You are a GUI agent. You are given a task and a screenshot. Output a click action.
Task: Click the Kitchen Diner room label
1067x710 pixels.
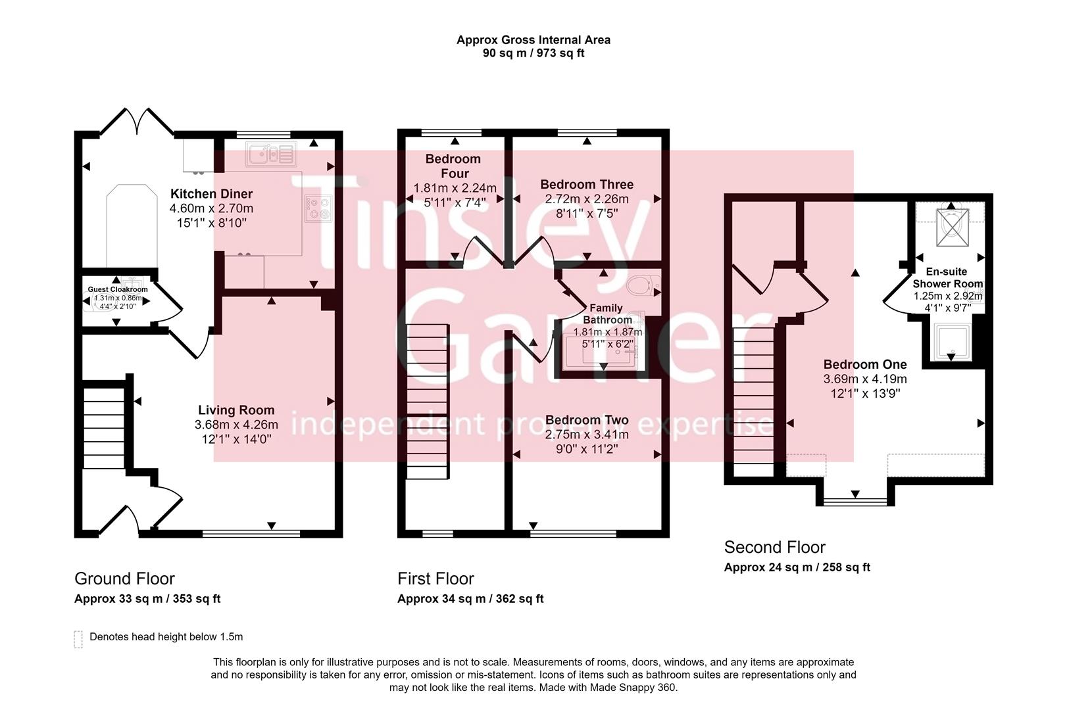pos(211,194)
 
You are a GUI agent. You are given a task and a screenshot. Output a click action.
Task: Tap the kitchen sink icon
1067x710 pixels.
pos(272,154)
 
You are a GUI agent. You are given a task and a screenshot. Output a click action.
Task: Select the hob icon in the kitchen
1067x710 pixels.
pos(318,208)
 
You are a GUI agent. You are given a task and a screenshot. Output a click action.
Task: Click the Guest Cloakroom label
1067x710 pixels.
pos(118,289)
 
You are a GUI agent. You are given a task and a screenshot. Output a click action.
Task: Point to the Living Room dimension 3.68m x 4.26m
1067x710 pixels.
pos(236,425)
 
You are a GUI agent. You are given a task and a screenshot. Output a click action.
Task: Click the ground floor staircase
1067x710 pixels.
pos(104,427)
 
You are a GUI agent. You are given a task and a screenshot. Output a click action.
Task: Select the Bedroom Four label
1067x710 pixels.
pos(453,166)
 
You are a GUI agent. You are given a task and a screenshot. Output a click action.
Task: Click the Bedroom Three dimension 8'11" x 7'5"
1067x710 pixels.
pos(586,213)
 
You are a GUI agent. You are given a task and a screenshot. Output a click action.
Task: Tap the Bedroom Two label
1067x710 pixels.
pos(587,420)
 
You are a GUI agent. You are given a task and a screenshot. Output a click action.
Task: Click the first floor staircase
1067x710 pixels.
pos(428,401)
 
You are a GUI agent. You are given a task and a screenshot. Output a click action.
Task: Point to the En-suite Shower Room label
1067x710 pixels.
pos(947,277)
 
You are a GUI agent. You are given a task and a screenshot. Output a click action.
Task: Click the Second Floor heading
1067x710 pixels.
pos(774,547)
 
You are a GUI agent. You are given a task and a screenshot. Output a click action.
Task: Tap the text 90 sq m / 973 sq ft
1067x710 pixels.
pos(533,53)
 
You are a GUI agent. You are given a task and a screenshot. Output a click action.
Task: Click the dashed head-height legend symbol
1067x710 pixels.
pos(78,639)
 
